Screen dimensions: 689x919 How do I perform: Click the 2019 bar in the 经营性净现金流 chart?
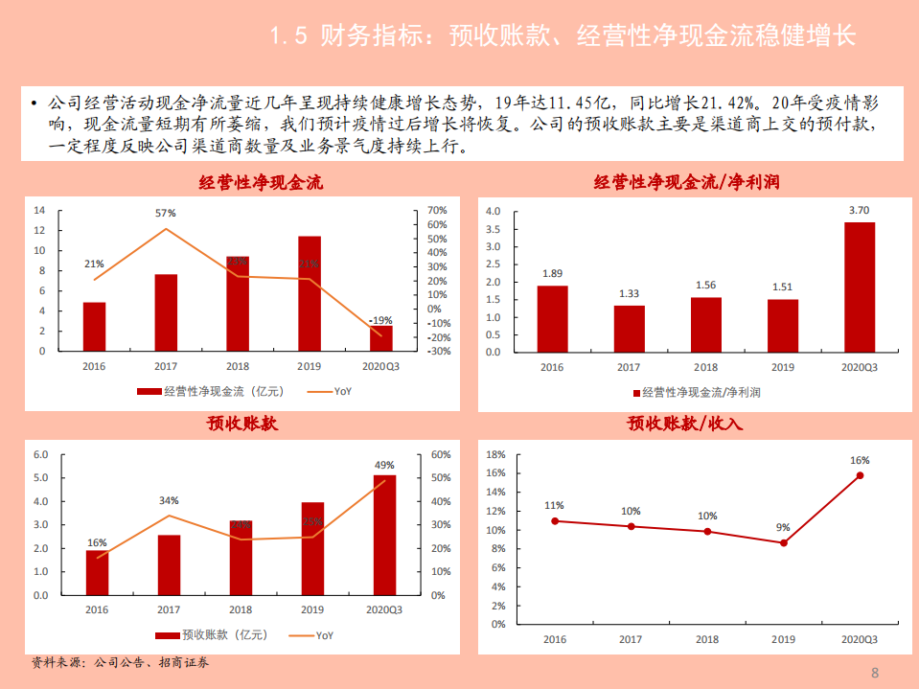point(309,293)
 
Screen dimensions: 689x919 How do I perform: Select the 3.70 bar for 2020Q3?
point(860,287)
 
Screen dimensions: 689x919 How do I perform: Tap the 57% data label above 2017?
point(166,213)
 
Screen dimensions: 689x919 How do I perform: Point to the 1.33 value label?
point(629,293)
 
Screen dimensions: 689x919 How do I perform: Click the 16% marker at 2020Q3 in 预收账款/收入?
point(860,475)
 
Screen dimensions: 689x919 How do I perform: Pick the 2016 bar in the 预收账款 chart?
point(97,572)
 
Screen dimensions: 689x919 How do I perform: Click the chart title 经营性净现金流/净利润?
point(693,182)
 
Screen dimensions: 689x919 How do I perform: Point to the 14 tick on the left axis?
point(39,210)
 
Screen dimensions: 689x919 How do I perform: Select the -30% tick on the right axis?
point(438,352)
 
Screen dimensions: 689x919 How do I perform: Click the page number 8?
point(874,671)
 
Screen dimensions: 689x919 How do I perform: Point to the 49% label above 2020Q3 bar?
point(383,465)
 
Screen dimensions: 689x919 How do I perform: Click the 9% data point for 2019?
point(784,542)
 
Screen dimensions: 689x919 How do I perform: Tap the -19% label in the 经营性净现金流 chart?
point(380,320)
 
